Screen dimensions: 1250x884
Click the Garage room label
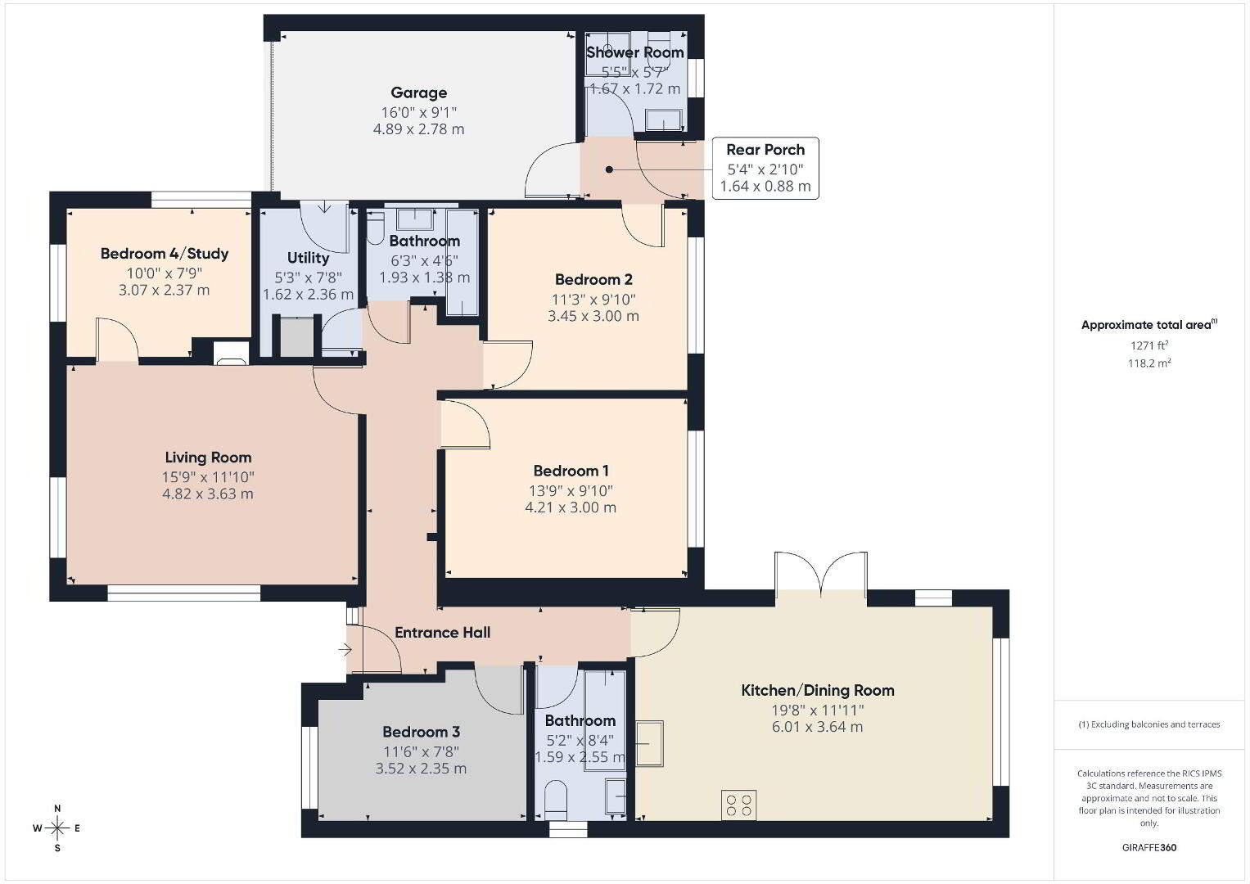click(418, 92)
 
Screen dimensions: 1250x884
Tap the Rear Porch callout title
click(765, 150)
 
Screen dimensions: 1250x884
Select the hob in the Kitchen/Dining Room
click(739, 805)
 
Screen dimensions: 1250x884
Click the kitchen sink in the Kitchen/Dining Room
click(649, 743)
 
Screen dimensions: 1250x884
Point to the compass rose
click(57, 828)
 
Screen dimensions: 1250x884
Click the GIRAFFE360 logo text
click(1149, 847)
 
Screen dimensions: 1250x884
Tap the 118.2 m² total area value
click(1149, 363)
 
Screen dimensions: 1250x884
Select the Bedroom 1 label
click(571, 471)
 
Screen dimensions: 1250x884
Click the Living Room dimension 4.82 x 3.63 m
click(208, 494)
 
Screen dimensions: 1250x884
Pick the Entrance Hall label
click(443, 632)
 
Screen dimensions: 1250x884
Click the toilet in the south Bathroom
click(555, 799)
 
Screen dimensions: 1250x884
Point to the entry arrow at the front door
click(345, 650)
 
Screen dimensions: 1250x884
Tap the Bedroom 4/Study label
click(164, 254)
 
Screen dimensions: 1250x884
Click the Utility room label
click(308, 258)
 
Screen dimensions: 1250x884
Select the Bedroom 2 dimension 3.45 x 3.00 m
click(593, 316)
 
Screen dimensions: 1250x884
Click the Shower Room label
click(635, 52)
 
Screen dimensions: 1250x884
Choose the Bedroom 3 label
click(421, 732)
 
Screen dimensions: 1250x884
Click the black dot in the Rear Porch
click(609, 169)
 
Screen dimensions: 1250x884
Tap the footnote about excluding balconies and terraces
click(1149, 724)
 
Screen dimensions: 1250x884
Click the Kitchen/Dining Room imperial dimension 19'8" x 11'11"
click(818, 710)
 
